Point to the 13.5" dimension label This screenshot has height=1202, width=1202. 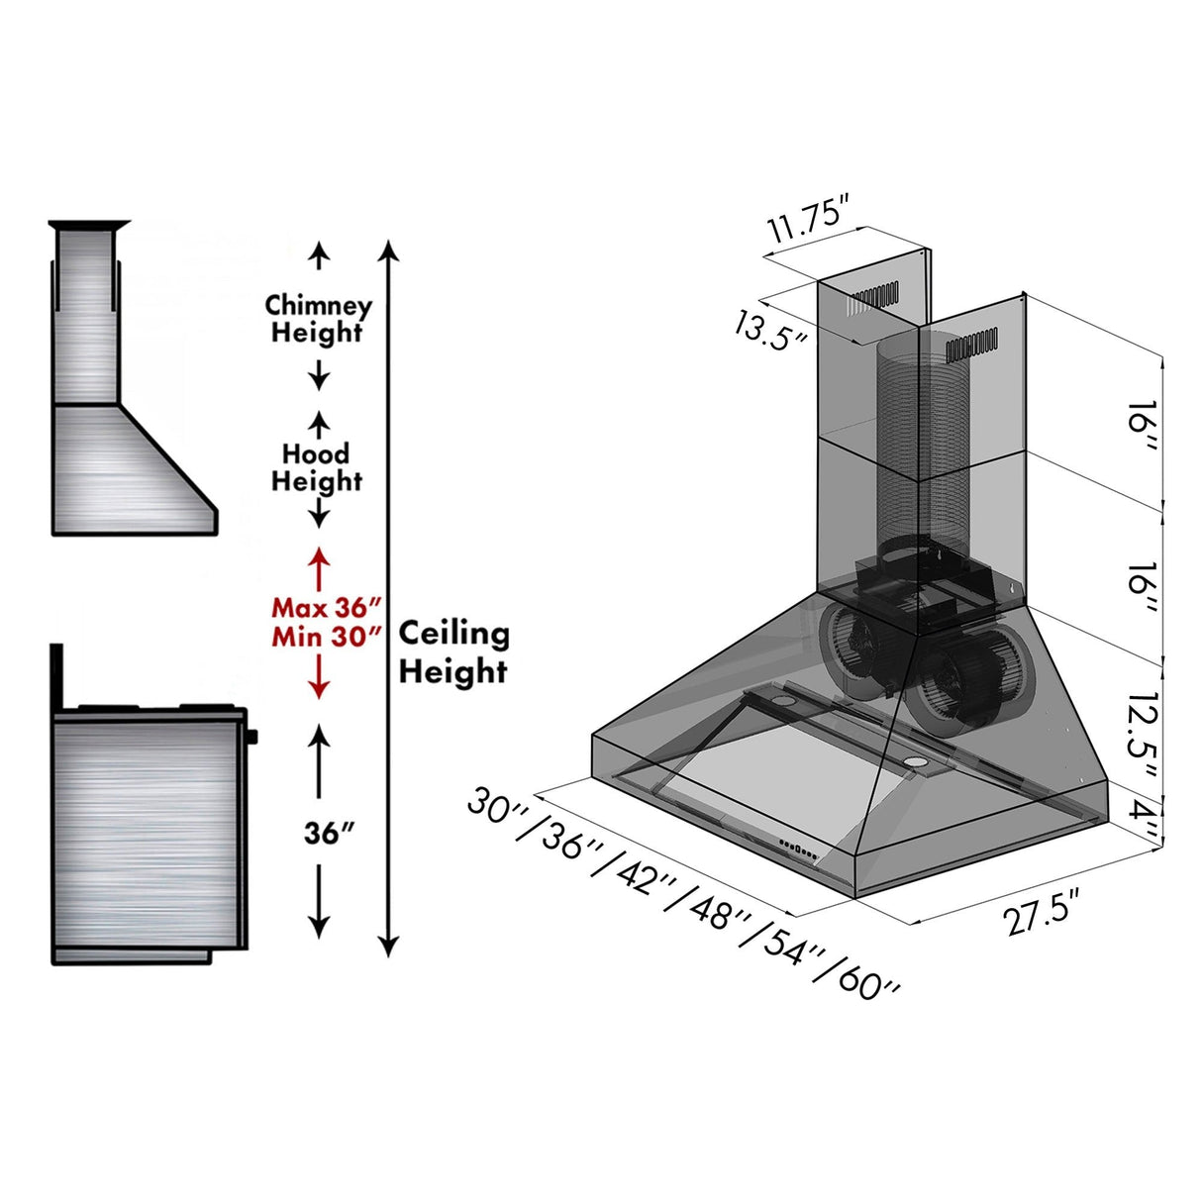[x=770, y=326]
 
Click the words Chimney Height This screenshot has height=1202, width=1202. [x=318, y=319]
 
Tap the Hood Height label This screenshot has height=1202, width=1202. [x=317, y=467]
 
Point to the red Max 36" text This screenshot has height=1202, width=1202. [x=327, y=607]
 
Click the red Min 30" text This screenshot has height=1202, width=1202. [x=327, y=636]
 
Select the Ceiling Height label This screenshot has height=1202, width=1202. [x=453, y=652]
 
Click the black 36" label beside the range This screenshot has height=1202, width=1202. [x=329, y=834]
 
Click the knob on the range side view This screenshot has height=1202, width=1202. [x=252, y=737]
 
